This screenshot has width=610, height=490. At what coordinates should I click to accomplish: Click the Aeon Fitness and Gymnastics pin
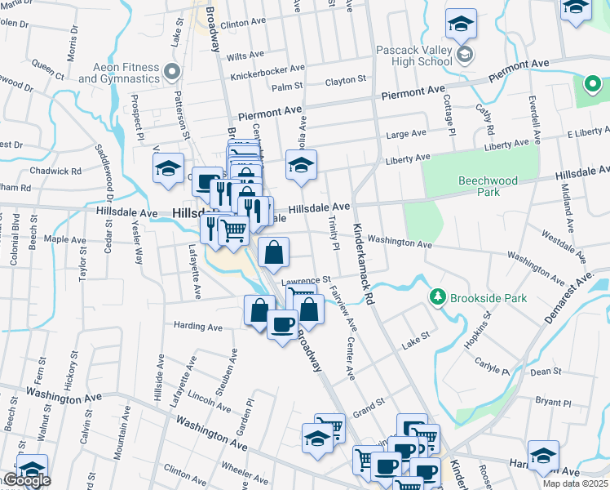(171, 73)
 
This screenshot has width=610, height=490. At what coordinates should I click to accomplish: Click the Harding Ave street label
(198, 327)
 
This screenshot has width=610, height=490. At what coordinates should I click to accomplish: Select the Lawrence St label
(307, 280)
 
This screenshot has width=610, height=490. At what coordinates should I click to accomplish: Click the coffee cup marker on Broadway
(282, 326)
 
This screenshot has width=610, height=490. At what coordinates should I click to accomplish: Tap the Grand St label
(369, 404)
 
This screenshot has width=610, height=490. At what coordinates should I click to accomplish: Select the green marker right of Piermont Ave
(592, 83)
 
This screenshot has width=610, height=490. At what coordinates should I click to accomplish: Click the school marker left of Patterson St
(168, 169)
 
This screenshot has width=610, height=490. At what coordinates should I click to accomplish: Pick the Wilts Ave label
(246, 55)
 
